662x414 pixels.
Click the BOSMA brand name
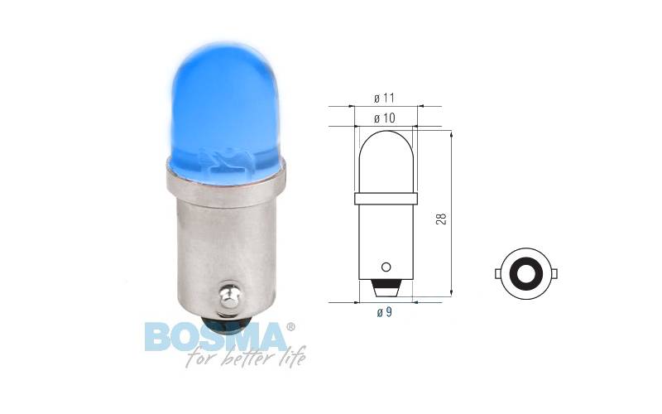pyautogui.click(x=215, y=337)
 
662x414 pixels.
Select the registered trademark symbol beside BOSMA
pyautogui.click(x=290, y=326)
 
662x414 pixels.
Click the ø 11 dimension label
pyautogui.click(x=384, y=98)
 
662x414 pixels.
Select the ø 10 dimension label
pyautogui.click(x=385, y=118)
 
